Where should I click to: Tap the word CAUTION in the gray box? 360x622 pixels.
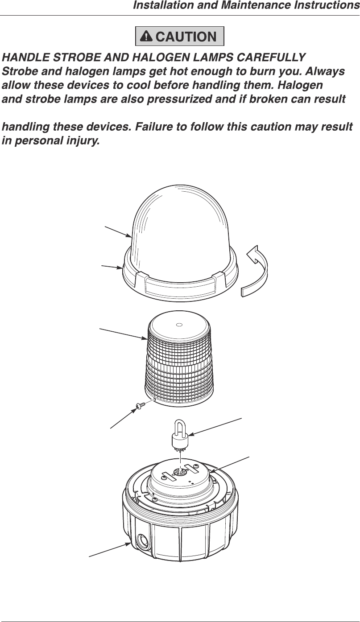click(186, 37)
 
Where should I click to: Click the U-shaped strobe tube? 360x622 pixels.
click(181, 433)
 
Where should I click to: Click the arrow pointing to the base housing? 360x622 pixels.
click(109, 550)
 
